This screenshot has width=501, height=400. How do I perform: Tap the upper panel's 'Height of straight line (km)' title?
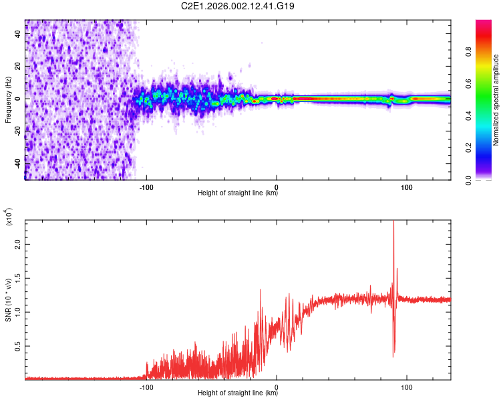click(x=238, y=194)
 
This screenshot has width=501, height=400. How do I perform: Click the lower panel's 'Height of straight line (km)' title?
click(x=238, y=393)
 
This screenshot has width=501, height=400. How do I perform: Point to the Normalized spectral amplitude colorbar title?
click(x=496, y=100)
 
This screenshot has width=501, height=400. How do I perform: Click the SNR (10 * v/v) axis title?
click(x=8, y=300)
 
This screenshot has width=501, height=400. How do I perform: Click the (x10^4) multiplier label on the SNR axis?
click(x=9, y=217)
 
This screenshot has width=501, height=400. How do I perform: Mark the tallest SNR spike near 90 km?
click(x=393, y=223)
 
